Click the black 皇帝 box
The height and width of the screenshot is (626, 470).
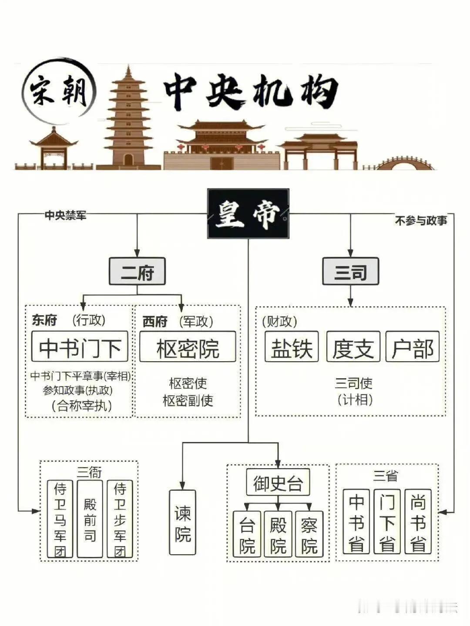[248, 213]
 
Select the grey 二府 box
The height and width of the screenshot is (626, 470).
[137, 271]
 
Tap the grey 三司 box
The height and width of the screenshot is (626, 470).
[350, 271]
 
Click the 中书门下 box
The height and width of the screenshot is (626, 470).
[80, 346]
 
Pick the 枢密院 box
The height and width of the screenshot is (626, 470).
[188, 346]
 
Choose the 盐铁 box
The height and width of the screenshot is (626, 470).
[292, 346]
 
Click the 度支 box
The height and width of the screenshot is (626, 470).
[353, 346]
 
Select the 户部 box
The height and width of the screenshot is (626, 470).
[413, 346]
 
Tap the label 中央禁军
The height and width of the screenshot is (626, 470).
[65, 215]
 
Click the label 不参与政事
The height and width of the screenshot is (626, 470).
[421, 221]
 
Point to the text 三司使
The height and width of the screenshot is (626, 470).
[353, 383]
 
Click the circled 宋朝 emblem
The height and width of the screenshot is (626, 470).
[58, 91]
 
